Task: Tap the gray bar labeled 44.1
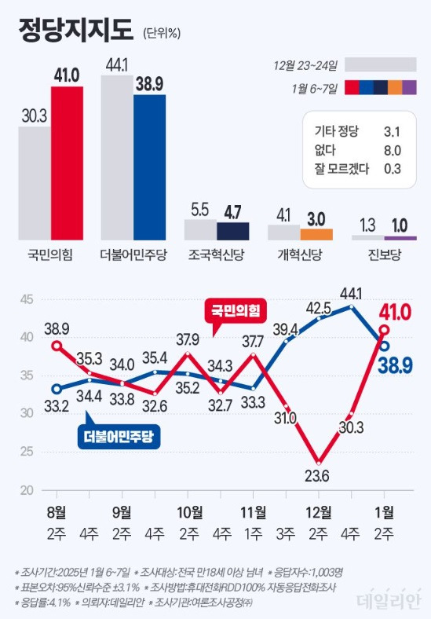(x=117, y=157)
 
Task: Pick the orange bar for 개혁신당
(x=316, y=233)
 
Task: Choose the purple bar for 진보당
(x=400, y=236)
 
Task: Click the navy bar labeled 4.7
(x=232, y=231)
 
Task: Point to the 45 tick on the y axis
(x=26, y=299)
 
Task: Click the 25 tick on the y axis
(x=26, y=452)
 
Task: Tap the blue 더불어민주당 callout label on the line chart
(x=119, y=436)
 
